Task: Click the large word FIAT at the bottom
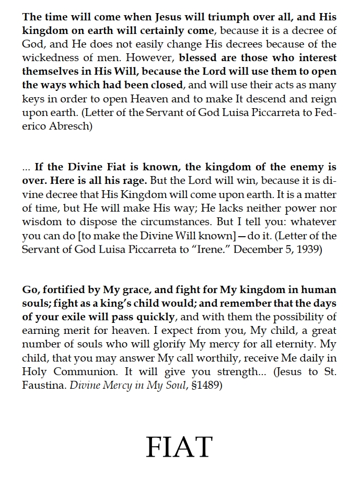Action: tap(179, 447)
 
